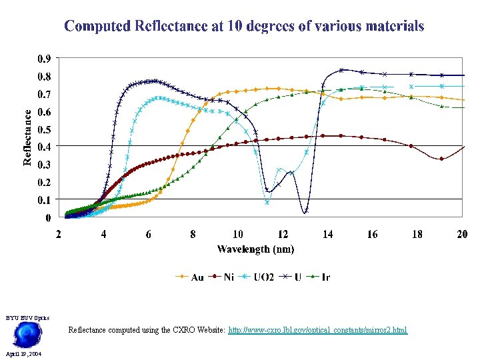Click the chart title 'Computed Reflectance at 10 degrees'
coord(244,27)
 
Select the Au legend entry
coord(189,277)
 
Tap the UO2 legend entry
coord(257,277)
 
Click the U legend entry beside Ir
coord(293,277)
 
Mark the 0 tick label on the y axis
coord(48,217)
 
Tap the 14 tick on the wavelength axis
coord(327,234)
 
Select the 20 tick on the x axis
coord(461,234)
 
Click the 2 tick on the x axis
coord(59,234)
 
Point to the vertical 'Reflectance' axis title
coord(27,137)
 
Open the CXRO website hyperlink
coord(317,330)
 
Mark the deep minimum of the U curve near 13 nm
coord(305,212)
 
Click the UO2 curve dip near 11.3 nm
coord(267,202)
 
